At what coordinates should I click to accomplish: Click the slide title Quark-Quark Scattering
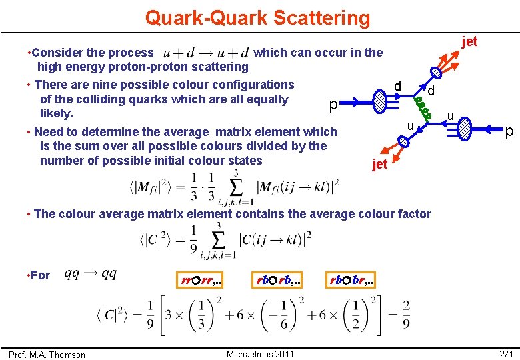257,17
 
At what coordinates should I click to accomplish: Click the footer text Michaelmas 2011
260,354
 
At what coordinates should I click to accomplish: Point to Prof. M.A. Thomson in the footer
47,355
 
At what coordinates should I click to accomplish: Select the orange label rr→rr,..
201,281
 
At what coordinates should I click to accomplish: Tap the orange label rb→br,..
351,281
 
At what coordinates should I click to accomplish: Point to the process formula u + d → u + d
206,52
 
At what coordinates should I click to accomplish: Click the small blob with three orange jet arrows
435,73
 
